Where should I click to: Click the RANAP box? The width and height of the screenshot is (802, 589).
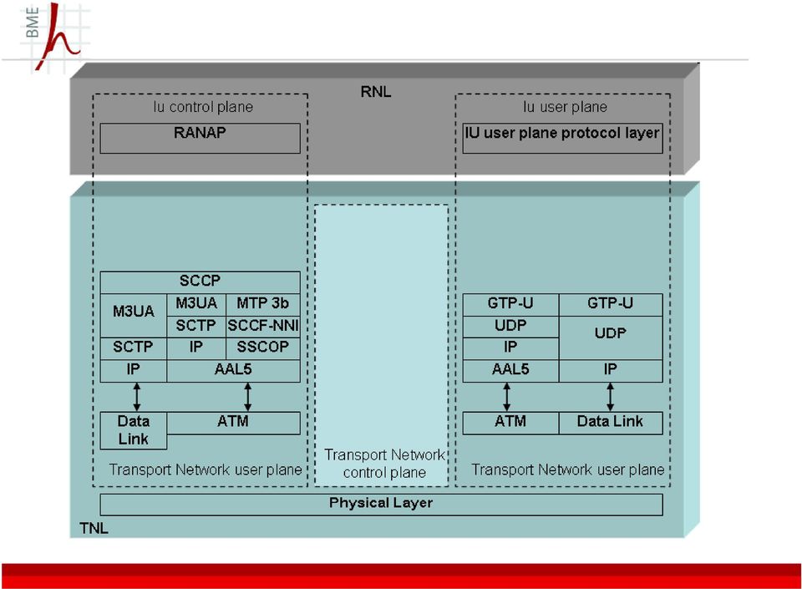click(200, 138)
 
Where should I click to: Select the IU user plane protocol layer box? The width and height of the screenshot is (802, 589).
click(562, 138)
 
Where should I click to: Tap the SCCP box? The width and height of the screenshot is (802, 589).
click(200, 282)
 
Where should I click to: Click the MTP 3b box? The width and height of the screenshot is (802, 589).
click(263, 305)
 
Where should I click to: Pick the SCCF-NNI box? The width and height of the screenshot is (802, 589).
click(263, 327)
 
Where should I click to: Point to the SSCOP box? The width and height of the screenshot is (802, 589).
click(263, 348)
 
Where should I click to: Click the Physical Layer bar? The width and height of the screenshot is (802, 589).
click(381, 505)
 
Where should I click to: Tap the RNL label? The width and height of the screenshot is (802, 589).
click(376, 92)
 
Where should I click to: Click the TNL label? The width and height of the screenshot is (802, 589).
click(94, 528)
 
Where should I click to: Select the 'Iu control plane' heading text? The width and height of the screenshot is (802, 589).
click(203, 107)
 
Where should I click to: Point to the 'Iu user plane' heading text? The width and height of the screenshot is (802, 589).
click(566, 107)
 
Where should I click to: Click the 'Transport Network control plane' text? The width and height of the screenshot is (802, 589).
click(384, 463)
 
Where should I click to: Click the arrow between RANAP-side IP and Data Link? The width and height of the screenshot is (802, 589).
click(136, 397)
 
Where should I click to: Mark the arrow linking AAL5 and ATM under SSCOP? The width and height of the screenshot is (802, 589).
click(248, 397)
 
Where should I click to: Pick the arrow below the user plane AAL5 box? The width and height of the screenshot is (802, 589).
click(506, 397)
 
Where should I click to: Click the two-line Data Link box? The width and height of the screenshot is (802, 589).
click(134, 430)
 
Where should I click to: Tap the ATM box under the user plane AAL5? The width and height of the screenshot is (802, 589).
click(510, 423)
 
